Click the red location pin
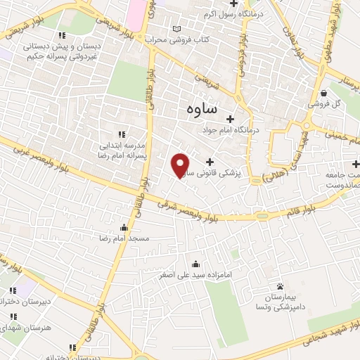(181, 164)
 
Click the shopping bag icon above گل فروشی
(323, 93)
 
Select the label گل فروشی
(326, 104)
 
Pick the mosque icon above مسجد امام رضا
(124, 227)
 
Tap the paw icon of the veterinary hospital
(280, 286)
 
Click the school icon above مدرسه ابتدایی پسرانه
(121, 134)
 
